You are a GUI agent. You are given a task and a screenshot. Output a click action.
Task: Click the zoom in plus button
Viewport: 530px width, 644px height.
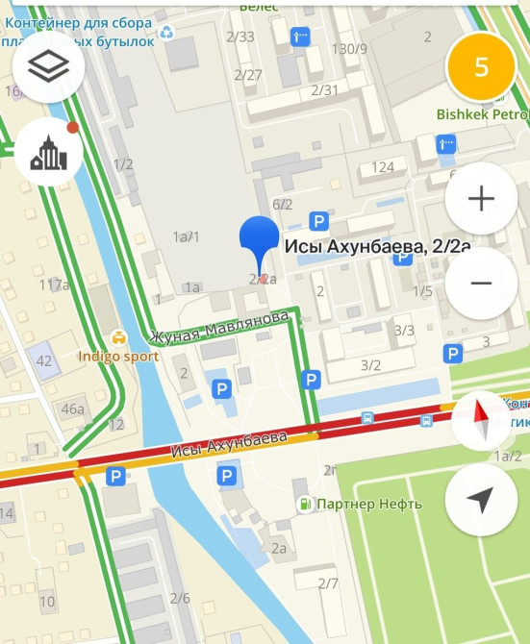pyautogui.click(x=481, y=199)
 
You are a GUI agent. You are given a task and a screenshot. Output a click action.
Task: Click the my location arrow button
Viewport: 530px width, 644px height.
pyautogui.click(x=481, y=500)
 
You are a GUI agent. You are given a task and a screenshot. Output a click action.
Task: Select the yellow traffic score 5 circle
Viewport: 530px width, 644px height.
pyautogui.click(x=482, y=66)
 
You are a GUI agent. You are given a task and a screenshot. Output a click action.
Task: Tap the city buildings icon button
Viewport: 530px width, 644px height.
pyautogui.click(x=49, y=153)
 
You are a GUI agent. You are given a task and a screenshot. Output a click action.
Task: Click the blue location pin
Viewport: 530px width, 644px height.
pyautogui.click(x=258, y=240)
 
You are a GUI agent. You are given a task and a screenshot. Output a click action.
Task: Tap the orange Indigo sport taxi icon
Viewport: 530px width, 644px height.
pyautogui.click(x=116, y=337)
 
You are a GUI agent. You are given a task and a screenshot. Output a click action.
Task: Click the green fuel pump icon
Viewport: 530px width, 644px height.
pyautogui.click(x=305, y=503)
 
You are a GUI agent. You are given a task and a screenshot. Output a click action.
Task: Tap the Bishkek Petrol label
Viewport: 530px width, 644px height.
pyautogui.click(x=481, y=113)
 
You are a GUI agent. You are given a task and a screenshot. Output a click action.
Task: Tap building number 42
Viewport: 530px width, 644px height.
pyautogui.click(x=44, y=360)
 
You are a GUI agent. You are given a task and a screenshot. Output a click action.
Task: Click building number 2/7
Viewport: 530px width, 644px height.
pyautogui.click(x=328, y=583)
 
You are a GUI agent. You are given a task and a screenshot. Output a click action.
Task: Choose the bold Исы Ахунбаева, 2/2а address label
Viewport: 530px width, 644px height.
pyautogui.click(x=378, y=248)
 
